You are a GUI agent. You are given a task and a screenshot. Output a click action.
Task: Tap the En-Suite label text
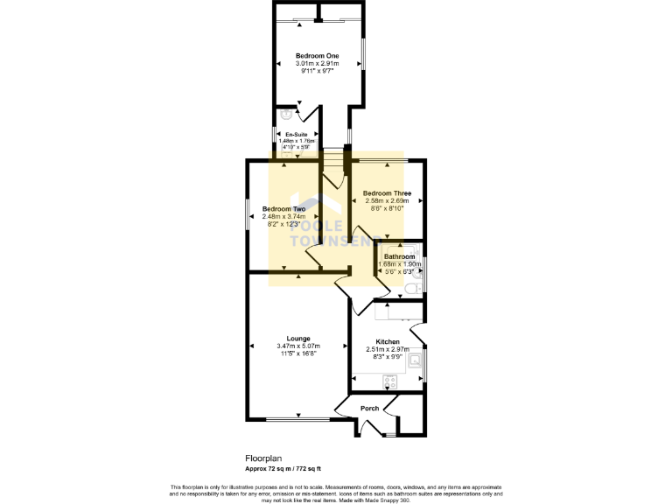click(296, 134)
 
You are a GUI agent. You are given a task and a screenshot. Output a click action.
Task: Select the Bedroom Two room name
click(284, 209)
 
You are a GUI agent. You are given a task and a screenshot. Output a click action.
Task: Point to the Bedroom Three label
click(387, 193)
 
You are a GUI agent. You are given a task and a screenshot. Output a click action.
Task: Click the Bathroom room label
click(399, 256)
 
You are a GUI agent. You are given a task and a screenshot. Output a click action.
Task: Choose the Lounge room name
click(298, 338)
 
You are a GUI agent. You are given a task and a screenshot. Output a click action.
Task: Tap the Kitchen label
click(388, 342)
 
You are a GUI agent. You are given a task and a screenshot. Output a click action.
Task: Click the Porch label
click(370, 409)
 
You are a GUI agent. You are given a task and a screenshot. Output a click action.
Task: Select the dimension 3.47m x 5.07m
click(298, 346)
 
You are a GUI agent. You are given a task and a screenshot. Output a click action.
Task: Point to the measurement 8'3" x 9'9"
click(388, 357)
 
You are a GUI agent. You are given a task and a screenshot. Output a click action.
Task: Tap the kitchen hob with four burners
click(390, 381)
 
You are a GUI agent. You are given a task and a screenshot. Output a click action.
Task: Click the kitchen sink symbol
click(416, 358)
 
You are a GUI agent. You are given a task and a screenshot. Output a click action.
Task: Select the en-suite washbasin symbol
click(286, 114)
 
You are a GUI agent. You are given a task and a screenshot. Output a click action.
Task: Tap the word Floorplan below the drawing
click(262, 458)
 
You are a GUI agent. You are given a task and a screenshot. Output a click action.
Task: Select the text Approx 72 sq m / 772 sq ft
click(289, 468)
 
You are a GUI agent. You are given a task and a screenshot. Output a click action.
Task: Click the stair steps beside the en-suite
click(333, 162)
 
